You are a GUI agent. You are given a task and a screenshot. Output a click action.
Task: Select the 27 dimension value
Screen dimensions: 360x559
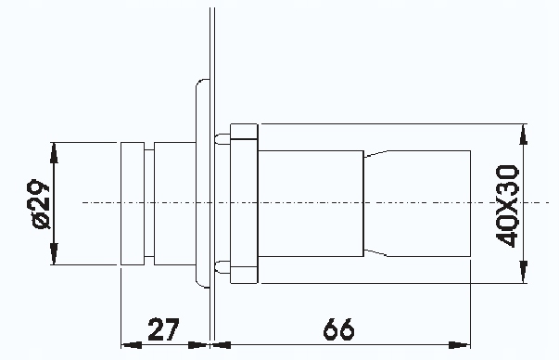click(163, 329)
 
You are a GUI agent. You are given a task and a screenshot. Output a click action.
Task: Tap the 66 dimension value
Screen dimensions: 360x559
click(340, 329)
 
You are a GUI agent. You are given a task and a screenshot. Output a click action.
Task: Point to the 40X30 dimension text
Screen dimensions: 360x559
click(507, 203)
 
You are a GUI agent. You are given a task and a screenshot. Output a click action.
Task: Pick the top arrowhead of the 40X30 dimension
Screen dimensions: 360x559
click(524, 132)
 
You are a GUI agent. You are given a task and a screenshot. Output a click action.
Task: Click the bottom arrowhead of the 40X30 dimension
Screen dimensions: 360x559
click(524, 276)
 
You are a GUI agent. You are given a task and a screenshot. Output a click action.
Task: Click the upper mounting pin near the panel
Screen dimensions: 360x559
click(222, 139)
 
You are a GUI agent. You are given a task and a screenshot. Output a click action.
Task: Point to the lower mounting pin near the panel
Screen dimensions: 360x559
click(222, 267)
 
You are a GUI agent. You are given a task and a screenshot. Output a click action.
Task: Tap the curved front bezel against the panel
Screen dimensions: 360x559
click(198, 186)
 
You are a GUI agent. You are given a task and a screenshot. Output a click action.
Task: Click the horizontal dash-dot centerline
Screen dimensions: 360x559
click(306, 202)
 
